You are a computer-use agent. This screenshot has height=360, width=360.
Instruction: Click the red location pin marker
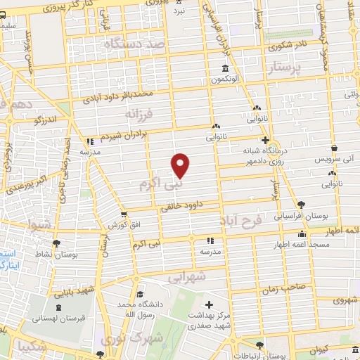181,165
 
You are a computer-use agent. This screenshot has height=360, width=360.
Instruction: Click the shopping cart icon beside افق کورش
124,215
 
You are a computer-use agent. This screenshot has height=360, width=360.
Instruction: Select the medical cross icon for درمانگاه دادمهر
265,140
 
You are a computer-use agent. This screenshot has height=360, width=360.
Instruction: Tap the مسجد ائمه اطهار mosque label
302,245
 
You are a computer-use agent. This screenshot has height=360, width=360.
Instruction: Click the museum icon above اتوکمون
225,68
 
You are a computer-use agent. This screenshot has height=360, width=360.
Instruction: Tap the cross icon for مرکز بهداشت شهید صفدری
209,304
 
